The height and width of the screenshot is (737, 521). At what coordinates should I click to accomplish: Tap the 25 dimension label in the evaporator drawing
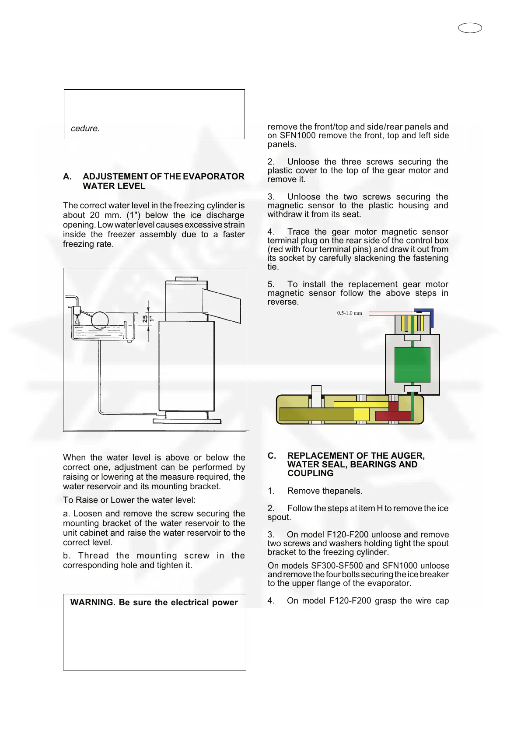[145, 319]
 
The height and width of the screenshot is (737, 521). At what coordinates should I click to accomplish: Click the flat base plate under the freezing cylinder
[187, 421]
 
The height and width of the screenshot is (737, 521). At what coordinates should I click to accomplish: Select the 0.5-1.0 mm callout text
[349, 313]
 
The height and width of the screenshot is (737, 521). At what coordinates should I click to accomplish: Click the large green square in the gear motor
[412, 365]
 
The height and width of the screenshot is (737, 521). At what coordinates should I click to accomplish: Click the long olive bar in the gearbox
[316, 414]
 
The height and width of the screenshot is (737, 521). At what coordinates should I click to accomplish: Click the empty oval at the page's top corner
[470, 28]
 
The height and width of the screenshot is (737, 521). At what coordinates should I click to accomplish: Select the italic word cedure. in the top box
[85, 129]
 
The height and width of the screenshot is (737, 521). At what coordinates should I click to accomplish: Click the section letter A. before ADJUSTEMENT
[67, 176]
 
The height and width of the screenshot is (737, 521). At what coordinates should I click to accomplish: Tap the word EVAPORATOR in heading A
[213, 176]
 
